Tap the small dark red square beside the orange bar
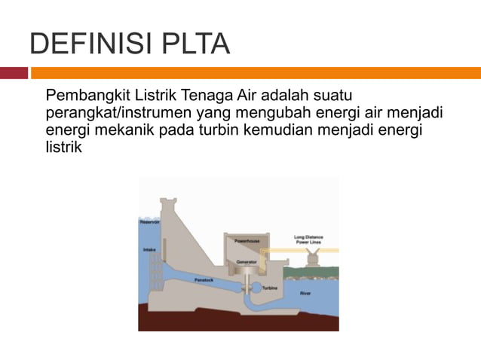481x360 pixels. [x=14, y=73]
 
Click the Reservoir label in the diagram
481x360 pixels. [x=149, y=221]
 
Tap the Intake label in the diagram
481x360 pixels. [x=148, y=249]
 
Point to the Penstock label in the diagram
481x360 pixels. [x=205, y=279]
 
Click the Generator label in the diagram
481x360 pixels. [x=247, y=262]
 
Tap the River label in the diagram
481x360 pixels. [x=305, y=292]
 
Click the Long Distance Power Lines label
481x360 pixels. [x=308, y=239]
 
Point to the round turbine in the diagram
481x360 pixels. [x=247, y=286]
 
